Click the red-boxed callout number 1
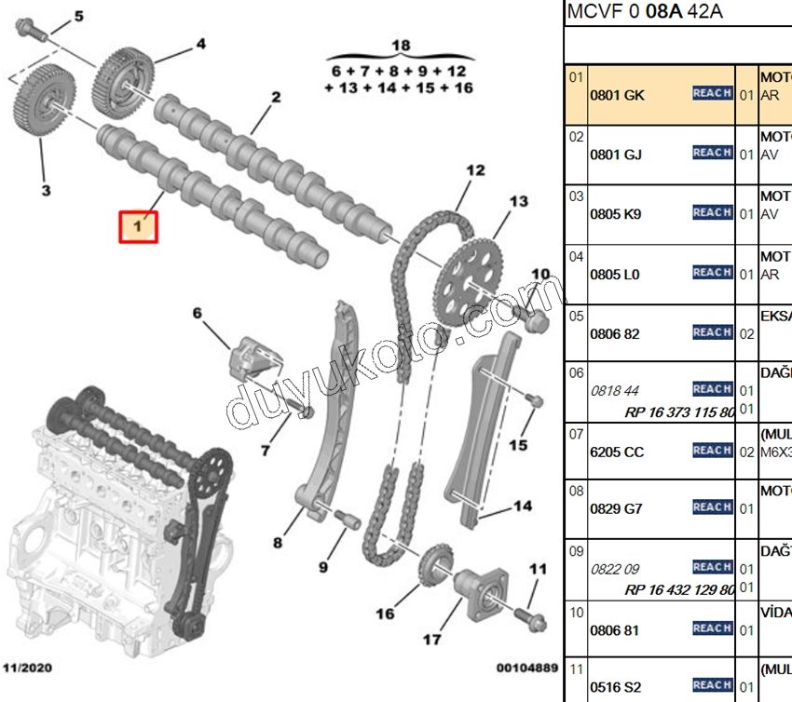tap(138, 226)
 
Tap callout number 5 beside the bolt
tap(78, 16)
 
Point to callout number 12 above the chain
tap(476, 170)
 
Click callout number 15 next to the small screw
tap(518, 446)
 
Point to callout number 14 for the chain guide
tap(523, 507)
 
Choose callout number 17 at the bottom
tap(431, 640)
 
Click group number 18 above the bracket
tap(400, 46)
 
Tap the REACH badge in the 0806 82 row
tap(712, 332)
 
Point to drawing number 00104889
tap(526, 668)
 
